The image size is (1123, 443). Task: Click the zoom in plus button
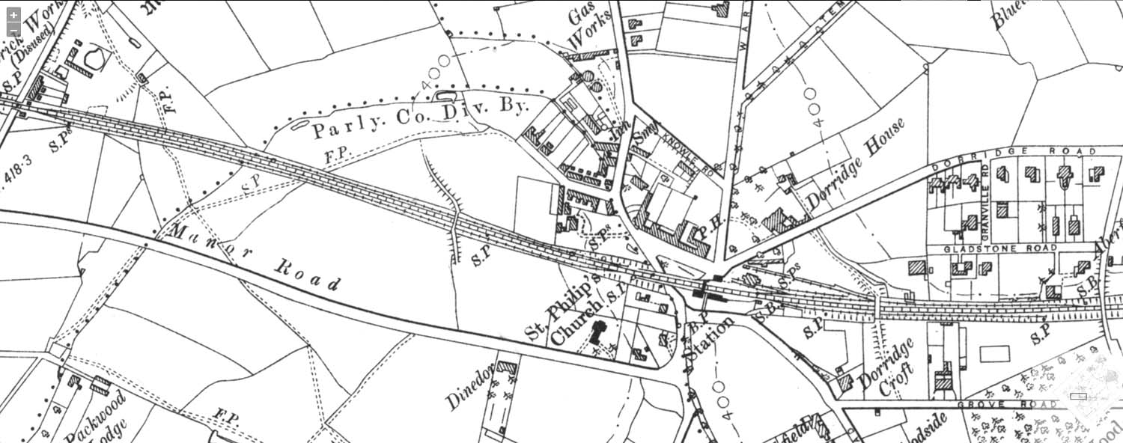pos(13,15)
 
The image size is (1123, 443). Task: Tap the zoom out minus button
pos(13,31)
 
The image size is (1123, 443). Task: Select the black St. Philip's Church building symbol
pos(597,333)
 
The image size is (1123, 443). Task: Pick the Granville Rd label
pos(985,203)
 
